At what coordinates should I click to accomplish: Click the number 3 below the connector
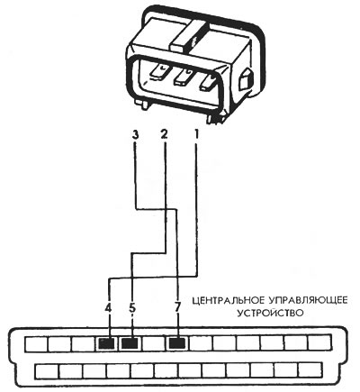[x=136, y=135]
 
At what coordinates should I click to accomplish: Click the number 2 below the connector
[x=165, y=134]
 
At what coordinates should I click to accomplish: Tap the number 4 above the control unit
[x=108, y=307]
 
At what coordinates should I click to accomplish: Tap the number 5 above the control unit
[x=132, y=307]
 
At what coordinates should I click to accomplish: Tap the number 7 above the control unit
[x=177, y=307]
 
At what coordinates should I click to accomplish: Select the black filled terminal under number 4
[x=106, y=343]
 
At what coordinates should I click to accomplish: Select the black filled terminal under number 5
[x=130, y=343]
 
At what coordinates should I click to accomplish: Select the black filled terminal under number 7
[x=177, y=343]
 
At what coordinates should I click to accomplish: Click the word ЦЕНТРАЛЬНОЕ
[x=228, y=300]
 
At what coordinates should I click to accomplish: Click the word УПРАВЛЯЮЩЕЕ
[x=308, y=300]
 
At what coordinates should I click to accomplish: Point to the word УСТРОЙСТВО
[x=271, y=313]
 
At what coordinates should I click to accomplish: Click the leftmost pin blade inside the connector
[x=160, y=72]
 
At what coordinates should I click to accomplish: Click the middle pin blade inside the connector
[x=184, y=77]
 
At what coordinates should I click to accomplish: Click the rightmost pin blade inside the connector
[x=207, y=82]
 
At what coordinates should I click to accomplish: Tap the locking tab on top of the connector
[x=187, y=36]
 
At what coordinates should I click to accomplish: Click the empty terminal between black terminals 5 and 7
[x=154, y=343]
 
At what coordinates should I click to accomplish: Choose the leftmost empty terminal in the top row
[x=36, y=343]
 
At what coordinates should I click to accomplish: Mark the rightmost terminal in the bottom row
[x=310, y=370]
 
